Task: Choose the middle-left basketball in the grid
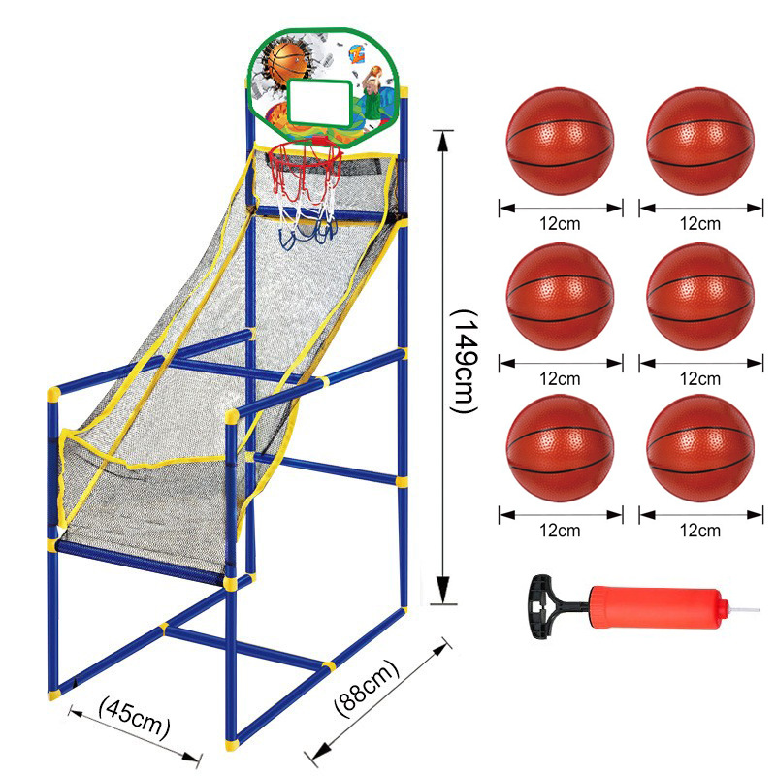(x=561, y=295)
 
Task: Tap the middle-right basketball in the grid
(x=699, y=295)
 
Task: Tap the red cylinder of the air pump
(x=670, y=609)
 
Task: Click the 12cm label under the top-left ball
(x=561, y=223)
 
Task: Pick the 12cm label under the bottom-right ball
(x=700, y=531)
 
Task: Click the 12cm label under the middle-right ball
(x=700, y=377)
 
